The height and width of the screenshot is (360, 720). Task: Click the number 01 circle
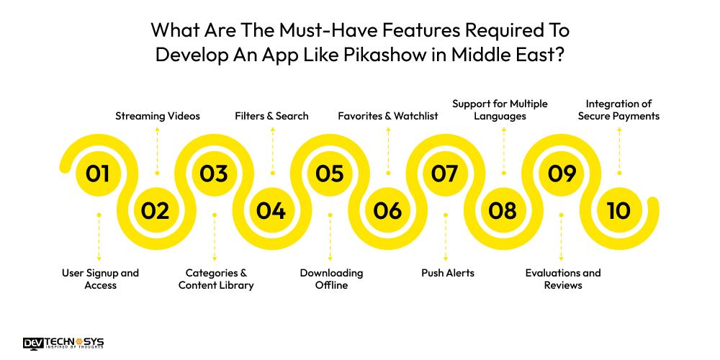pos(98,174)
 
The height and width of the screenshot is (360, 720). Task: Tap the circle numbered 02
pos(156,210)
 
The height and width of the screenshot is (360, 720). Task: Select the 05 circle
pos(330,174)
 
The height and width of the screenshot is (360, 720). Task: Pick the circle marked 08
pos(503,210)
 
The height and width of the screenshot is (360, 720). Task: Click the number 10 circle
pos(618,210)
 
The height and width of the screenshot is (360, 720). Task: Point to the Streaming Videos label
pos(158,116)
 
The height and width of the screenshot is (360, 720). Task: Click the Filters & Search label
pos(272,116)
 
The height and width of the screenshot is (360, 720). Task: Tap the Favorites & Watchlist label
pos(388,116)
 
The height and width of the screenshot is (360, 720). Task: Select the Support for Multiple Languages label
pos(500,109)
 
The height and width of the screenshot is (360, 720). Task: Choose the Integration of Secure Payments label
pos(618,109)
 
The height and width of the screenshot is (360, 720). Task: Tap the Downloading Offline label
pos(331,279)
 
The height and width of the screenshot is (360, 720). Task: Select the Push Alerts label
pos(447,273)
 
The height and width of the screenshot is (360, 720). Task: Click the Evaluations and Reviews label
pos(563,279)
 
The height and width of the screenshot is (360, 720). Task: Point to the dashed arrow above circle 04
pos(272,150)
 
